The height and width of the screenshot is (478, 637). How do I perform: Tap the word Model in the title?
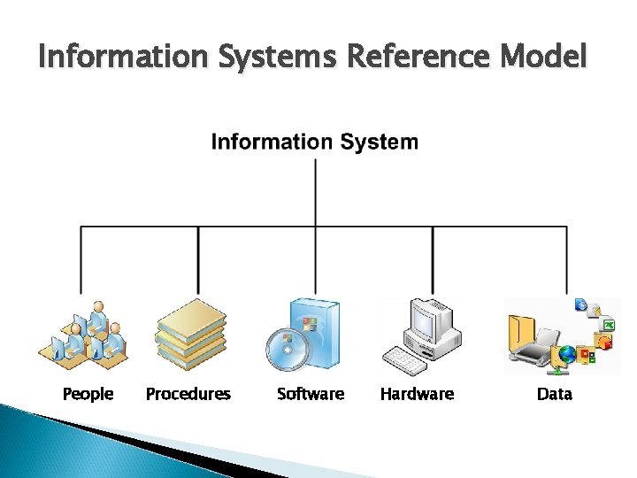coord(542,57)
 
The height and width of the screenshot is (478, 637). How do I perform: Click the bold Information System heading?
coord(314,142)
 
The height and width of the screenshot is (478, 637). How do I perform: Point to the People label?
coord(88,394)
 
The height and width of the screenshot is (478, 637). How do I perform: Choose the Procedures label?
coord(188,394)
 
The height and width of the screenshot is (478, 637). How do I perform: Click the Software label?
coord(311,394)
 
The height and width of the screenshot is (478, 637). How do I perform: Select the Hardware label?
coord(417,394)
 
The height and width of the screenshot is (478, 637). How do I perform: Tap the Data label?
coord(555,394)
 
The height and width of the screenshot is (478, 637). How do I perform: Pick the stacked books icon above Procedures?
coord(190,335)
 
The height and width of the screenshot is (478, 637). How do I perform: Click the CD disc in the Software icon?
coord(286,350)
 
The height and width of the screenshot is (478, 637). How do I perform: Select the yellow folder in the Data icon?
coord(524,332)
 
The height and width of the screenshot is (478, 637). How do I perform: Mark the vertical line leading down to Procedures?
coord(198,261)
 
